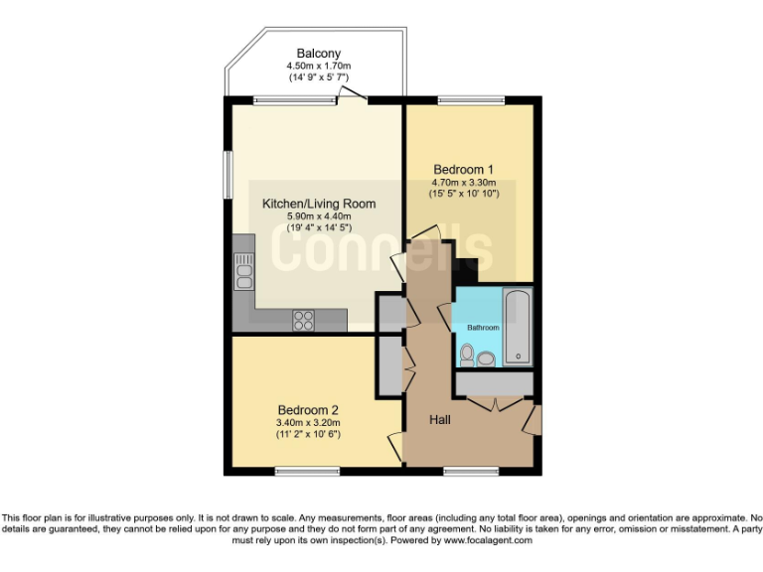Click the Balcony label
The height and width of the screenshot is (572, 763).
[318, 53]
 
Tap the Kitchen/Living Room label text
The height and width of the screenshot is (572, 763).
[306, 204]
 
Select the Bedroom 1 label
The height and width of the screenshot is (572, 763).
[463, 169]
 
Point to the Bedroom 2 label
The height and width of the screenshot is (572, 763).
[308, 410]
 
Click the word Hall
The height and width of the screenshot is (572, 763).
[440, 420]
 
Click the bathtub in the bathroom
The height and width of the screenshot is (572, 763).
[518, 327]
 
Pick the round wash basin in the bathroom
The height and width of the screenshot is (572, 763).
[487, 357]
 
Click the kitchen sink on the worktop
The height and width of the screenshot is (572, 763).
[243, 270]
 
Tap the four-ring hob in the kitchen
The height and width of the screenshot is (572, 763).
[303, 320]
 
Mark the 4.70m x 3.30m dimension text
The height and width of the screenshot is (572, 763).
[463, 183]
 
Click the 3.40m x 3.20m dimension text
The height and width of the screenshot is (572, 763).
[308, 423]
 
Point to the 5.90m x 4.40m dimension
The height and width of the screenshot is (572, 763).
[306, 216]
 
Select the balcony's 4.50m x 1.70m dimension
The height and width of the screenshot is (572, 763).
[318, 66]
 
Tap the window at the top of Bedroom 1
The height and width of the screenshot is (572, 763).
[463, 98]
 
